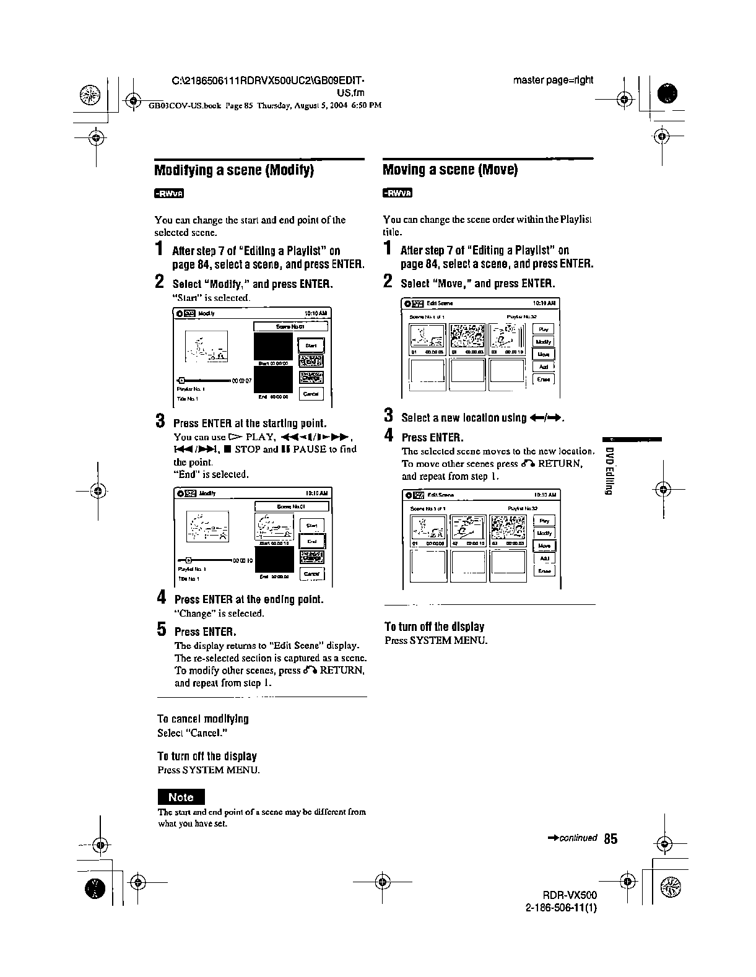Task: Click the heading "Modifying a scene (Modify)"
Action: (234, 170)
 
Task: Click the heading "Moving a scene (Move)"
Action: (450, 170)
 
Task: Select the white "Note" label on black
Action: (181, 797)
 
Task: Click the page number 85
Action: (610, 839)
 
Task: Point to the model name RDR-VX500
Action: (570, 895)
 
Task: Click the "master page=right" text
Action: (553, 80)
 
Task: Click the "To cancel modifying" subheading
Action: (202, 719)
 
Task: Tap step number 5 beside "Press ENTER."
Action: (162, 630)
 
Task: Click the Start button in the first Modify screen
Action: (311, 345)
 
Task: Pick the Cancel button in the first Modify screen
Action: (311, 394)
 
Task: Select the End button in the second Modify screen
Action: (311, 542)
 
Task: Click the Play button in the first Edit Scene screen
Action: (544, 329)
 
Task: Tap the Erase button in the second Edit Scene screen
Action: (544, 571)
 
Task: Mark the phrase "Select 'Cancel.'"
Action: (193, 733)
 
